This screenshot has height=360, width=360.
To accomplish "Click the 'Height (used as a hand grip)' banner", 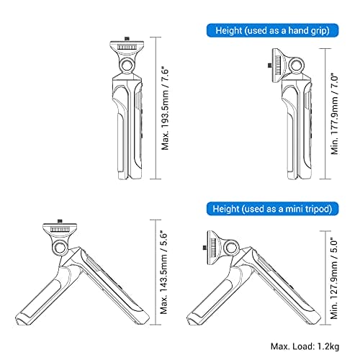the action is pyautogui.click(x=272, y=30).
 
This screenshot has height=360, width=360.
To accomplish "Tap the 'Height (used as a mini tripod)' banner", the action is pyautogui.click(x=272, y=209).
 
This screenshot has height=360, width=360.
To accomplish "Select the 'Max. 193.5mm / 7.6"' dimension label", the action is pyautogui.click(x=166, y=109).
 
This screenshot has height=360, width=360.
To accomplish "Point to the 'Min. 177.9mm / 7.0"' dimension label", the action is pyautogui.click(x=334, y=114).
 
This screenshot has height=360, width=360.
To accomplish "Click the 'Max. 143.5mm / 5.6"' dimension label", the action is pyautogui.click(x=164, y=272).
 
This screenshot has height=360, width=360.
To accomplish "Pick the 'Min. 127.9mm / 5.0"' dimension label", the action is pyautogui.click(x=334, y=279).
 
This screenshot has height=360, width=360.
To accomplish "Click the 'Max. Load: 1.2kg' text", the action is pyautogui.click(x=305, y=346).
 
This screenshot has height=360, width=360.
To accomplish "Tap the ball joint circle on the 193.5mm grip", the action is pyautogui.click(x=127, y=65).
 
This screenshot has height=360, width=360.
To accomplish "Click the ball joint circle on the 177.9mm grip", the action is pyautogui.click(x=297, y=65).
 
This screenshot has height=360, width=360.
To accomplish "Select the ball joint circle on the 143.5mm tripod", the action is pyautogui.click(x=60, y=248).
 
